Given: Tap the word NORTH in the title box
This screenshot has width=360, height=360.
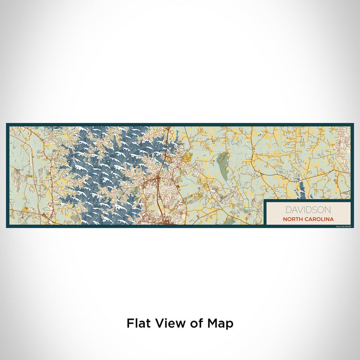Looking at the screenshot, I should (x=292, y=218).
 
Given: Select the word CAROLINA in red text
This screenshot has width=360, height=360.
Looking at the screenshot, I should (x=318, y=218).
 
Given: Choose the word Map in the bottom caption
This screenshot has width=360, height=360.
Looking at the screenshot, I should (x=220, y=323).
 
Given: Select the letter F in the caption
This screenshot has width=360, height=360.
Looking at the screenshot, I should (x=130, y=323).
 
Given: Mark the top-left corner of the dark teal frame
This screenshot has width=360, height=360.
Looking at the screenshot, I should (x=7, y=124).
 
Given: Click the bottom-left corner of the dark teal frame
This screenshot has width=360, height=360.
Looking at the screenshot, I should (x=7, y=227).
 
